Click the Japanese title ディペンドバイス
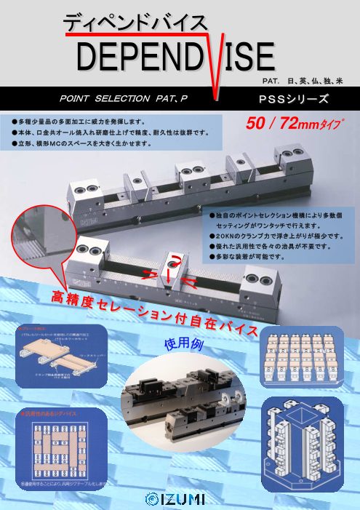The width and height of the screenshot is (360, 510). [x=135, y=23]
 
